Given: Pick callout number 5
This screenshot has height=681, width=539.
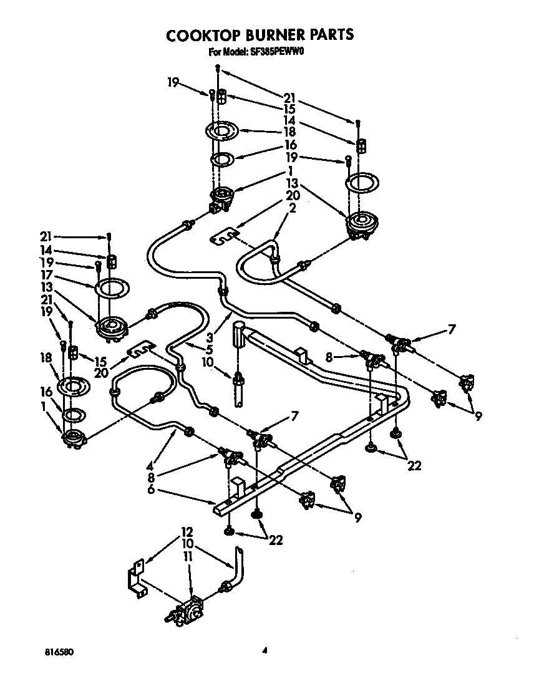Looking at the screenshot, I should (210, 349).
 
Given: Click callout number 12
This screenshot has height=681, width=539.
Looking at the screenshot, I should (187, 532).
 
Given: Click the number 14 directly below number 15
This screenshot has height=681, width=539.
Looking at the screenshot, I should (289, 120).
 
